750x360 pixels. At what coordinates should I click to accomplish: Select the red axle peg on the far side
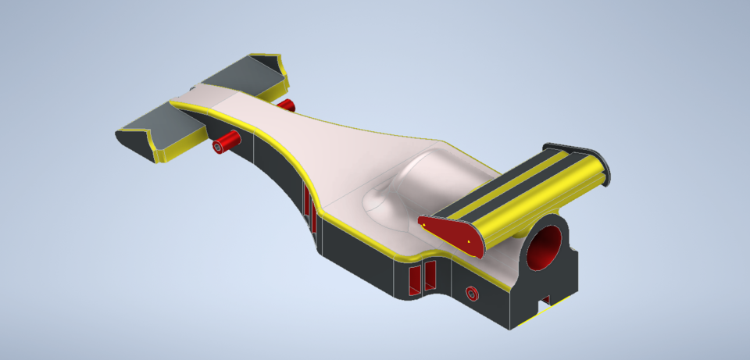285,105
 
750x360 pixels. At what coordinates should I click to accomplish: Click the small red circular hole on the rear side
471,294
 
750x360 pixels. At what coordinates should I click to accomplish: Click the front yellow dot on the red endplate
424,225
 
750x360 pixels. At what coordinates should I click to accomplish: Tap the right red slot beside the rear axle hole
429,274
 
